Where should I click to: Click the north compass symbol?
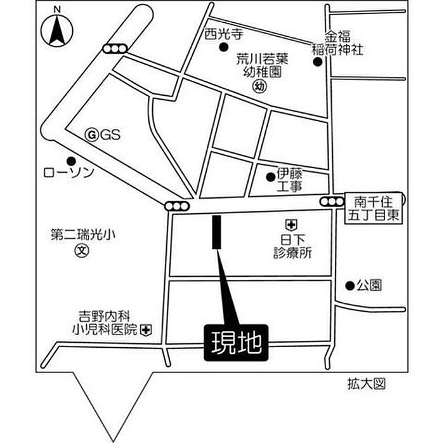(57, 30)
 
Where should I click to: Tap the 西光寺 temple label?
(224, 34)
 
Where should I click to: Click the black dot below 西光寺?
(224, 47)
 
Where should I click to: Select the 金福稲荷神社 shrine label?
(337, 43)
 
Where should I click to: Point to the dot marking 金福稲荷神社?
(318, 62)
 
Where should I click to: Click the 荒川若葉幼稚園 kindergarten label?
(263, 66)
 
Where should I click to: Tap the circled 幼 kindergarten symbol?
(259, 86)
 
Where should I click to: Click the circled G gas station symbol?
(92, 135)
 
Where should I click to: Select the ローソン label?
(69, 173)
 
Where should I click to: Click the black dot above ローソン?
(71, 161)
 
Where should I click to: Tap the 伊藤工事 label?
(289, 180)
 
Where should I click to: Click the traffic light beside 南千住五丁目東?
(332, 202)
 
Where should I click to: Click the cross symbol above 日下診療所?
(291, 225)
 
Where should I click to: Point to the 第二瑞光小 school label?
(83, 235)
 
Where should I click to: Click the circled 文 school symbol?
(82, 251)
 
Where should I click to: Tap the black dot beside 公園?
(350, 286)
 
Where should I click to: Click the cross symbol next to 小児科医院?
(146, 330)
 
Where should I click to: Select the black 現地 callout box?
(236, 343)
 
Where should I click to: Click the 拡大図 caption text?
(367, 385)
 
